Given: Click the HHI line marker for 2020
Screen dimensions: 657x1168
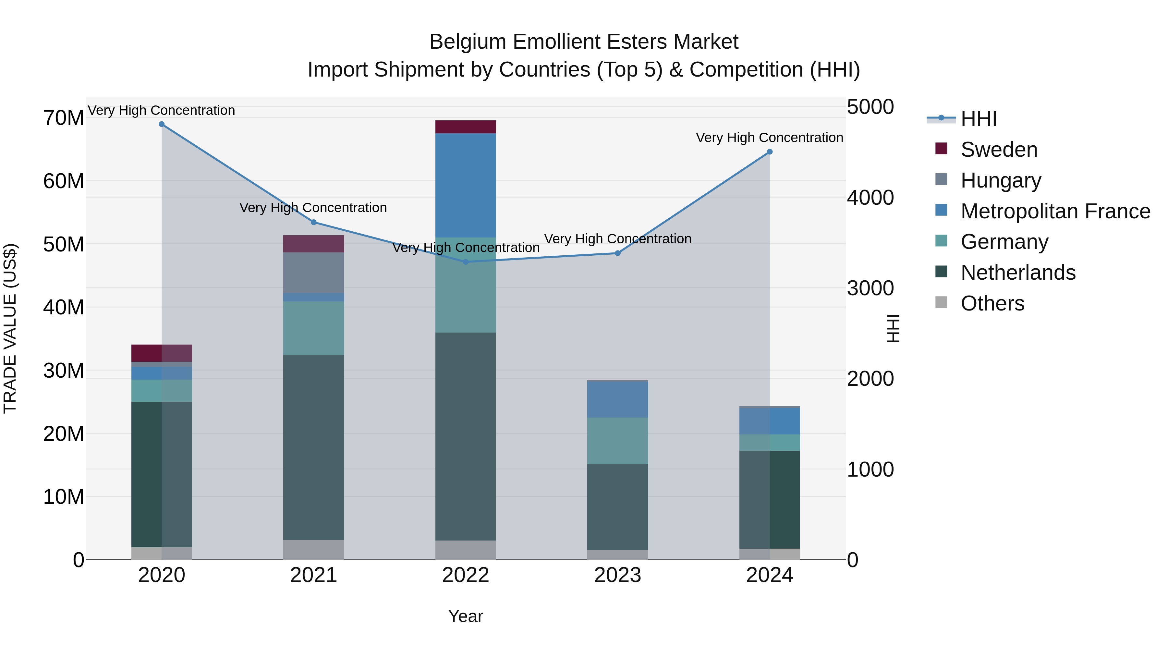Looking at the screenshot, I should pos(162,124).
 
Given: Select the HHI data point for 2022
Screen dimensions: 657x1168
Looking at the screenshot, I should pos(465,262).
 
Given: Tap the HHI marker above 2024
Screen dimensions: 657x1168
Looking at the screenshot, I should pos(770,152).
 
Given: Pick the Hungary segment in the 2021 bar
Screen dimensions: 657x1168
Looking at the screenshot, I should pos(313,273).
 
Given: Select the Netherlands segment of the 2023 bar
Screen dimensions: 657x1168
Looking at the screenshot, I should pos(617,506).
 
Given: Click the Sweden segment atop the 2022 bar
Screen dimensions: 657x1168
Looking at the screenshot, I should pos(465,127).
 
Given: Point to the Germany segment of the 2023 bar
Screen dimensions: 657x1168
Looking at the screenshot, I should pos(617,440).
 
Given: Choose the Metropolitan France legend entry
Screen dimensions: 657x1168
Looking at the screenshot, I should pos(1055,211).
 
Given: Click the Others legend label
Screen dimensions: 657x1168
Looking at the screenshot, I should pos(992,303).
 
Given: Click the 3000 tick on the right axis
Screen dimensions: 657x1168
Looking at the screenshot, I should pos(870,288).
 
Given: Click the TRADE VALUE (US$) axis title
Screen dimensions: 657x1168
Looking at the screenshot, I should pos(10,328).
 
